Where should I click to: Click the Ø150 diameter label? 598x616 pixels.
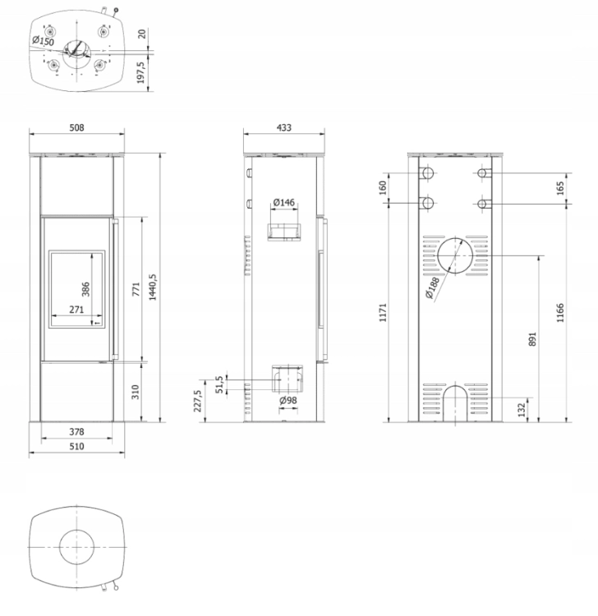click(44, 40)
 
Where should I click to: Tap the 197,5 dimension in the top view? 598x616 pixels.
click(141, 72)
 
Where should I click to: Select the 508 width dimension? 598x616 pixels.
click(76, 127)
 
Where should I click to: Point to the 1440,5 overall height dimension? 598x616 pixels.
click(153, 287)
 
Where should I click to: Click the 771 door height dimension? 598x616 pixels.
click(136, 289)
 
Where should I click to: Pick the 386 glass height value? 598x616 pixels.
click(85, 289)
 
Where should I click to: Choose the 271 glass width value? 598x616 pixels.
click(76, 310)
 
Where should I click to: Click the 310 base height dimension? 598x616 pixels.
click(136, 392)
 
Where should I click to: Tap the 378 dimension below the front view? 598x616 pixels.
click(76, 432)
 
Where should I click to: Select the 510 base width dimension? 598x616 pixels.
click(76, 446)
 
